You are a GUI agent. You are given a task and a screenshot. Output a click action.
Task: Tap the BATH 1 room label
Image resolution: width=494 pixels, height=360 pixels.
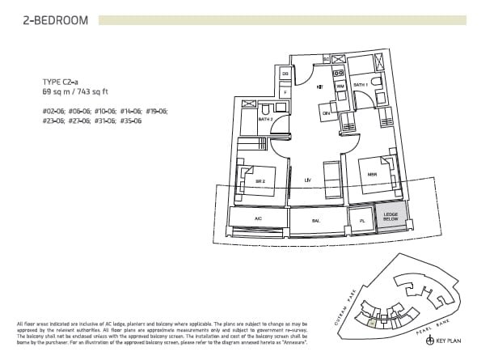(361, 85)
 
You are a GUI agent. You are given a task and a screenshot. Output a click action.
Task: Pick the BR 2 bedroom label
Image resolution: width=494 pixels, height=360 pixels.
(260, 181)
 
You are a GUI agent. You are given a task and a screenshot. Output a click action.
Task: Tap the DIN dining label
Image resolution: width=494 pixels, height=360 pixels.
(327, 114)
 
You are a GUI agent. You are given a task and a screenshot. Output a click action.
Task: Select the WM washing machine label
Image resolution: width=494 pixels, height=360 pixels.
(340, 85)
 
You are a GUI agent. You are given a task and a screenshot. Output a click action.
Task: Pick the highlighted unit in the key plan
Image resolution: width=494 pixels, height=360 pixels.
(371, 323)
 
